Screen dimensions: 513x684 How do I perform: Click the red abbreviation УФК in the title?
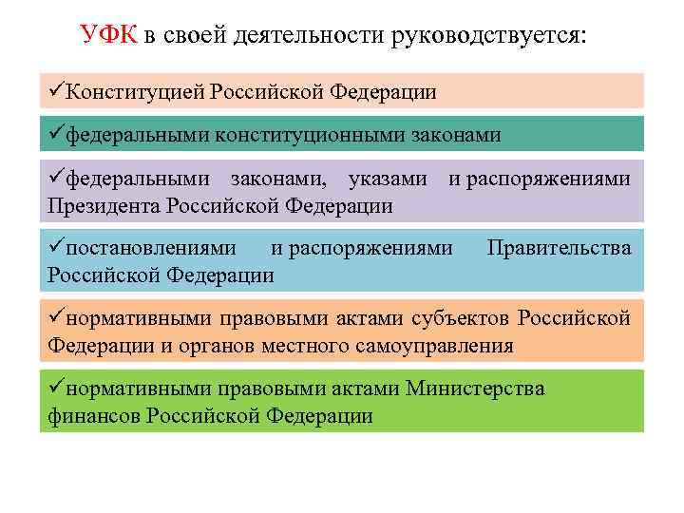[109, 37]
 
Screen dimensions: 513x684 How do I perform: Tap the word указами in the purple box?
[389, 179]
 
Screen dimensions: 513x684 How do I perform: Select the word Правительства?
[559, 249]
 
